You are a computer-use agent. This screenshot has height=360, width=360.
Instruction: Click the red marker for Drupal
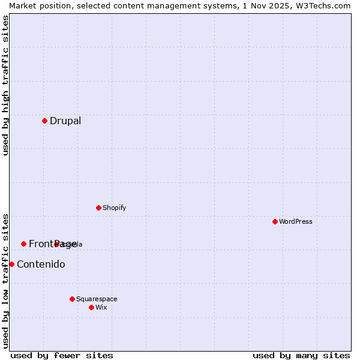coord(44,121)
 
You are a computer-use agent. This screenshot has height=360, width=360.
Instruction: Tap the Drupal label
coord(65,121)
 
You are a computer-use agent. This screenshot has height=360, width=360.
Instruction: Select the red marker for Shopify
coord(98,208)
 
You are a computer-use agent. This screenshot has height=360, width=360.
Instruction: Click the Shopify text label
coord(114,208)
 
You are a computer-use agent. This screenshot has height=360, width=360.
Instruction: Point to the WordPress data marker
coord(275,221)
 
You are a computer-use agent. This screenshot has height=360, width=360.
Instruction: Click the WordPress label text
coord(295,221)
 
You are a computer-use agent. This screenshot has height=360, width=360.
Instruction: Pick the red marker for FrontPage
coord(23,244)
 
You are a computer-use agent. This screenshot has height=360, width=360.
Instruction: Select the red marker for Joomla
coord(57,244)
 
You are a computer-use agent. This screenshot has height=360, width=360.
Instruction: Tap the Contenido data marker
coord(11,264)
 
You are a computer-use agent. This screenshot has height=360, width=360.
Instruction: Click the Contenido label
coord(41,264)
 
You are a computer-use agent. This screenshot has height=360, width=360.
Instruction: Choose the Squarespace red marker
coord(72,299)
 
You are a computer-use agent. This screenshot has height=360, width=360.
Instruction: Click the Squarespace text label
coord(97,299)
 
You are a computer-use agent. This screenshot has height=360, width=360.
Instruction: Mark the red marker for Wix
coord(91,307)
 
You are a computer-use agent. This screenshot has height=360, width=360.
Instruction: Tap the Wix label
coord(101,307)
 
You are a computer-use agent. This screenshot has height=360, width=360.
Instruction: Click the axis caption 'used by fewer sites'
coord(62,355)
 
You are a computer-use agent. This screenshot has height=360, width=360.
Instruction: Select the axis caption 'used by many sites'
coord(301,355)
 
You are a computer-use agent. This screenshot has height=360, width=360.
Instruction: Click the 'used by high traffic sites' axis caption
coord(5,85)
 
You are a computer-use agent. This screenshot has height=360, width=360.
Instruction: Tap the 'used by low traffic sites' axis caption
coord(5,281)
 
